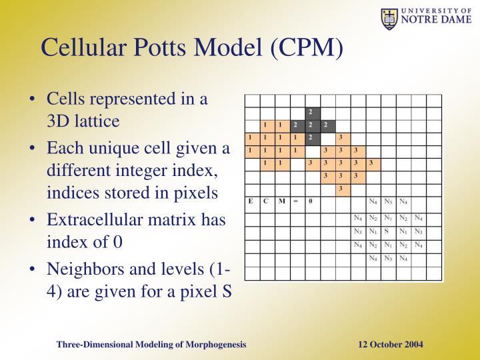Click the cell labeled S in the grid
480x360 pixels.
(387, 232)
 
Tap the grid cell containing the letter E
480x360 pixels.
(251, 201)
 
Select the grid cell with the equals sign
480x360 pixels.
(295, 201)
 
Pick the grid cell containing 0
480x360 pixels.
(311, 201)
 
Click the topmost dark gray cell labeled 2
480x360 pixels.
(311, 111)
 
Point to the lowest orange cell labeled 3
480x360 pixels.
(341, 189)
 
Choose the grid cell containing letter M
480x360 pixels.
(280, 201)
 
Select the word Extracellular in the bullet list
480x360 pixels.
(89, 219)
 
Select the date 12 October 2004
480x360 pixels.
(390, 344)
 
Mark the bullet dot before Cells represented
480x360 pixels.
(33, 100)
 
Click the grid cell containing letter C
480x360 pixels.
(265, 201)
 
